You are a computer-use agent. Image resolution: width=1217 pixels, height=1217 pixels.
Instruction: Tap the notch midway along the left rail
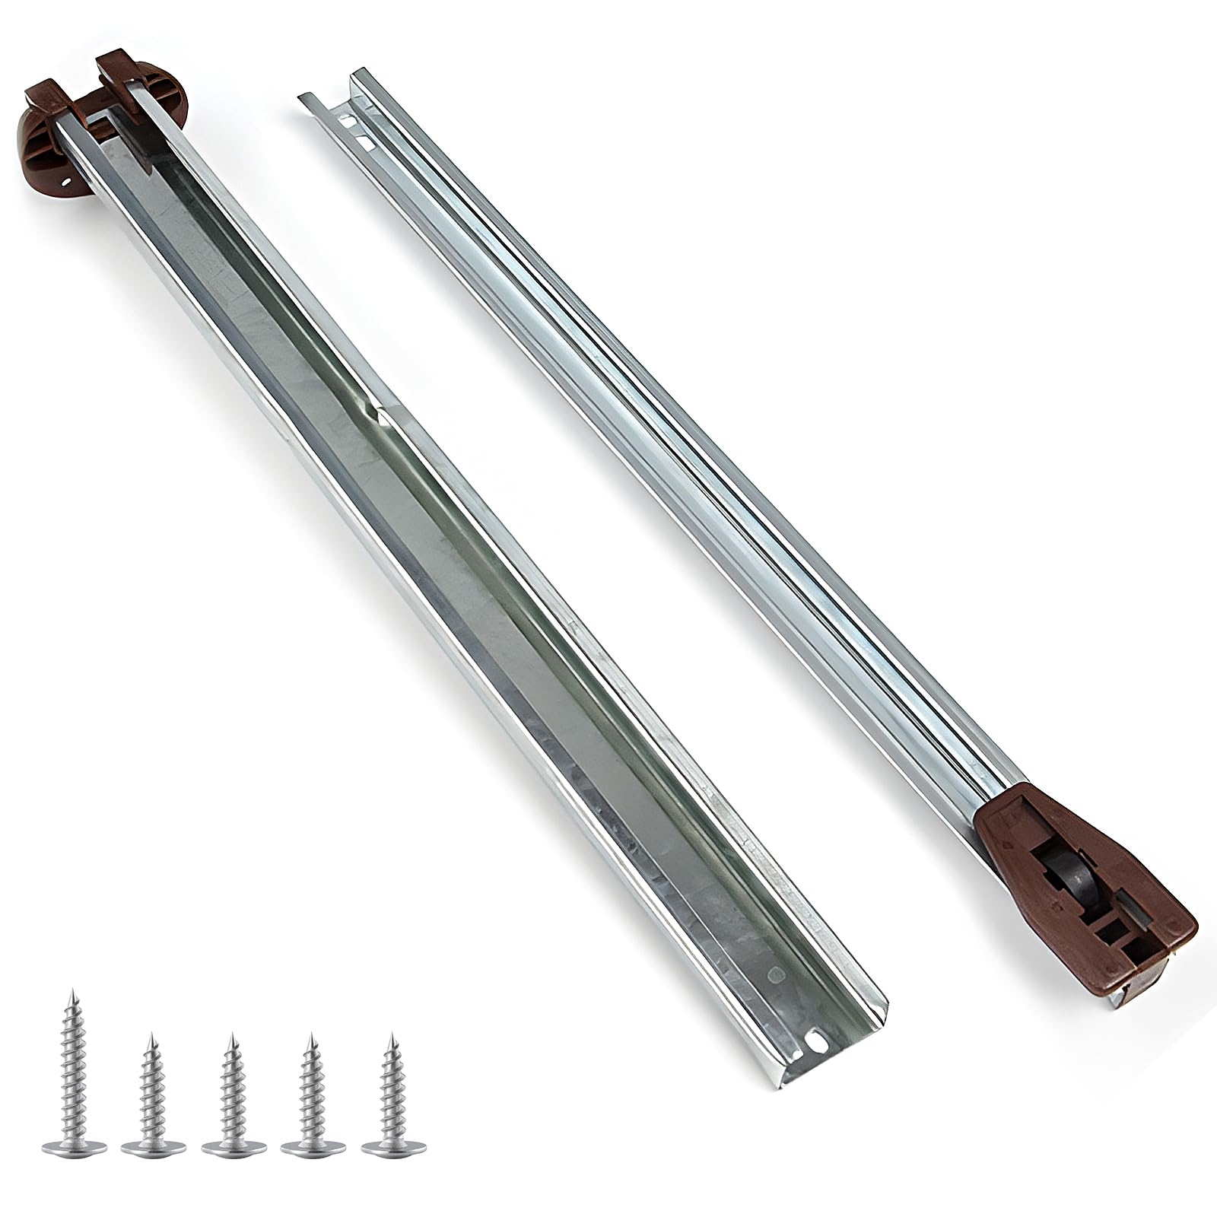378,415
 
